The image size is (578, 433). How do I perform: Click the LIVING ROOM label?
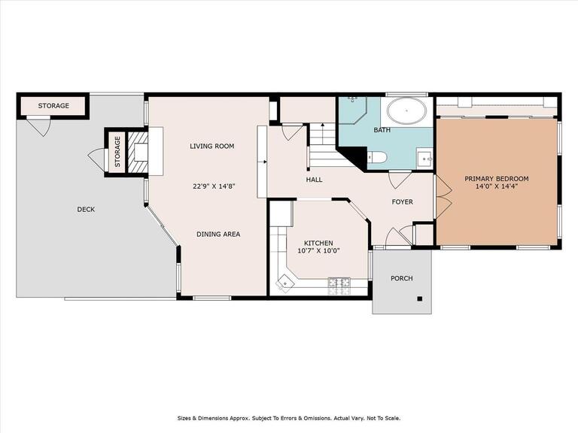coord(212,146)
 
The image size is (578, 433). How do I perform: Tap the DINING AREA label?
coord(218,235)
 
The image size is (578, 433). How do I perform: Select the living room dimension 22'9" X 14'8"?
coord(214,186)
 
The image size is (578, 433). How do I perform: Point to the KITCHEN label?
coord(318,243)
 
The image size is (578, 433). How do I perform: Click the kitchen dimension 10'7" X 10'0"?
coord(318,251)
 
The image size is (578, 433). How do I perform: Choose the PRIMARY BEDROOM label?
coord(497,179)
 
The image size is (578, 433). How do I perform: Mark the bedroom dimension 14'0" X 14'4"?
coord(497,186)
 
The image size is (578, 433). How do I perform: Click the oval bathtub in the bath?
coord(406,111)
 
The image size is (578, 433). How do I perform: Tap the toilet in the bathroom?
coord(377,157)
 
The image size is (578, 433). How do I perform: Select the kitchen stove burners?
coord(339,286)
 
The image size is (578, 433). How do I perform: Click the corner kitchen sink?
coord(285,283)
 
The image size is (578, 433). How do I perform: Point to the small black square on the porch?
coord(419,298)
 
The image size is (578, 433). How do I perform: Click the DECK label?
coord(86,210)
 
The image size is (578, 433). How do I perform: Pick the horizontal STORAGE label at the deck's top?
coord(53,106)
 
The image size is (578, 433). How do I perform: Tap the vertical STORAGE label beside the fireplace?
coord(117,152)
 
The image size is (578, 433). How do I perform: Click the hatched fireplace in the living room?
coord(138,152)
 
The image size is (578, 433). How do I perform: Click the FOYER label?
coord(402,201)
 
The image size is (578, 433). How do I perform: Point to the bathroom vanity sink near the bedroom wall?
coord(425,159)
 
